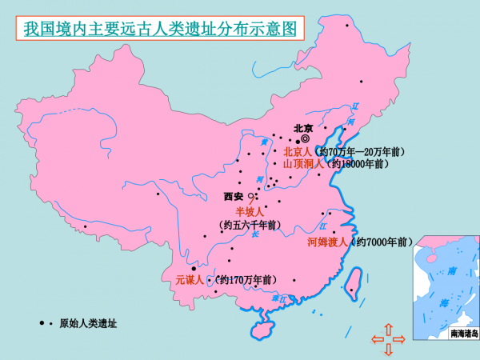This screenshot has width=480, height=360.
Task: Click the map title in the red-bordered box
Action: pos(158,29)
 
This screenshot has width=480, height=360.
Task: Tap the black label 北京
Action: pos(303,127)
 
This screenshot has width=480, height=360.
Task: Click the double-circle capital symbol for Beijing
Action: pos(305,138)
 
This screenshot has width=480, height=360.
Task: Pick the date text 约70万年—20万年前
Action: pos(359,151)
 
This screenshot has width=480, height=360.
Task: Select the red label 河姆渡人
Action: pos(326,242)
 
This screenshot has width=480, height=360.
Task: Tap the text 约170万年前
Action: pos(246,280)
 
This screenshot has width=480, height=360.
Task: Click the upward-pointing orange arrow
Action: pos(388,328)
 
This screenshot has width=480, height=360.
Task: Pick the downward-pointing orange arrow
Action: pos(388,350)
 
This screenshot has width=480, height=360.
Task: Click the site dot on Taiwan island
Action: pos(350,290)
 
